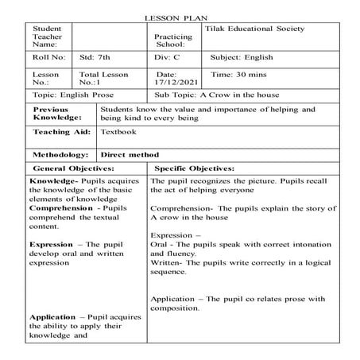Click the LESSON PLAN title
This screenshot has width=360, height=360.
coord(180,17)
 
